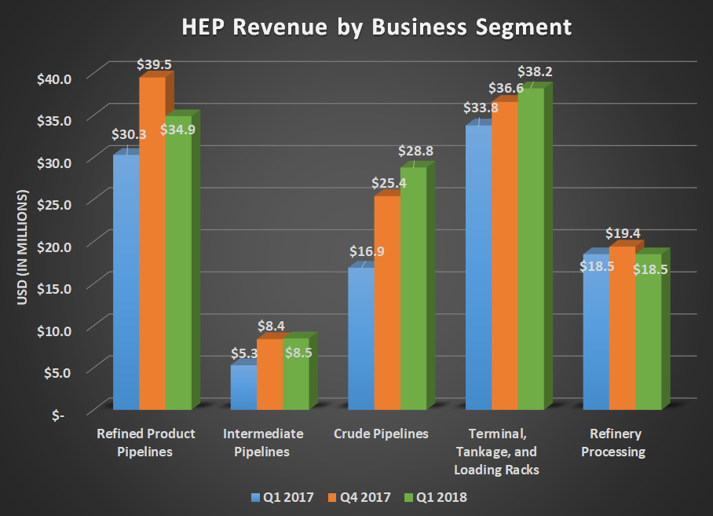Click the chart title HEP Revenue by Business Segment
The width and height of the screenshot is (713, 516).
click(377, 27)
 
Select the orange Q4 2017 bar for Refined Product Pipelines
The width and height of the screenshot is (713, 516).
click(152, 243)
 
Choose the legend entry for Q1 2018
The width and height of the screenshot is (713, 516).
click(436, 497)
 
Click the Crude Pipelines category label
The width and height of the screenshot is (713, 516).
click(382, 434)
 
